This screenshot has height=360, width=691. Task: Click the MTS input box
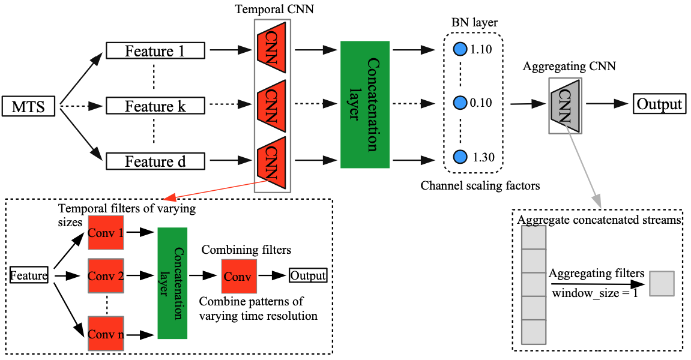29,107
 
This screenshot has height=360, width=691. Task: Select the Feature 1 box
155,51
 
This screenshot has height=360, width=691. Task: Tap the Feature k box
155,106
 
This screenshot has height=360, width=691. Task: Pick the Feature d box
155,161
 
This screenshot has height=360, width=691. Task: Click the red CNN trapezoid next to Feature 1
270,49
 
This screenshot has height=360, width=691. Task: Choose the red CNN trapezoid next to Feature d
270,160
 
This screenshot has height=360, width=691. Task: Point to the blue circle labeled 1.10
460,49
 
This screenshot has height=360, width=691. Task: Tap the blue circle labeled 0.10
460,103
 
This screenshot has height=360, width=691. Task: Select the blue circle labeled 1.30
460,157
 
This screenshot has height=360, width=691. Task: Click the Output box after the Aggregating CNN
660,104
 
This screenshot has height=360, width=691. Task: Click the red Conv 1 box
106,232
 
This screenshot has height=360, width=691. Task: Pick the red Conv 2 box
106,276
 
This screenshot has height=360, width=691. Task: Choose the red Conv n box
106,333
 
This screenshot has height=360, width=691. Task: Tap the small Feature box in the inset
29,276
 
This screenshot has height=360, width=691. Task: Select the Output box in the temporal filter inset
308,276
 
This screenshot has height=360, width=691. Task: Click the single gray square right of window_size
662,283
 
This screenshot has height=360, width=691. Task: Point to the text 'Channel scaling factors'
480,186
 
